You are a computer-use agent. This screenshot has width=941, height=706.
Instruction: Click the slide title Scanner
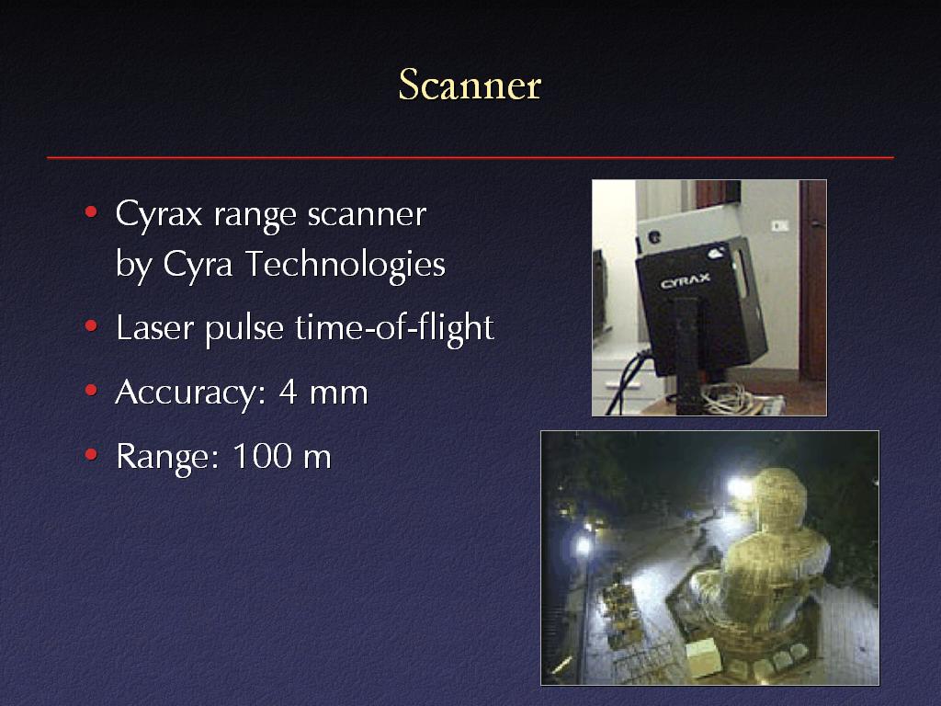click(470, 85)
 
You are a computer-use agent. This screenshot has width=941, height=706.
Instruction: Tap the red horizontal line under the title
click(470, 157)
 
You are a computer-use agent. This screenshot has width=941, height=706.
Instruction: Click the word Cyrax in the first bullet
click(158, 215)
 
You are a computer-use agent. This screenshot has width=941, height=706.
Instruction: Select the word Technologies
click(346, 264)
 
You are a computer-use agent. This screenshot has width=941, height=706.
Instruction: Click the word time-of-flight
click(394, 328)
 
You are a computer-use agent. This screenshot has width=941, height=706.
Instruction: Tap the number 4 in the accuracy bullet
click(288, 392)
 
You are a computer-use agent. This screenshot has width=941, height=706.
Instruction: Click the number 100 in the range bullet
click(262, 456)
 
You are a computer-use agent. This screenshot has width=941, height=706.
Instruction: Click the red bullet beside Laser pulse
click(91, 326)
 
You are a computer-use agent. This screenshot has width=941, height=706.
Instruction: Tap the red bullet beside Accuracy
click(91, 390)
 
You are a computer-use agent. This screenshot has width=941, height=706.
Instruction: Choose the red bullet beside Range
click(91, 454)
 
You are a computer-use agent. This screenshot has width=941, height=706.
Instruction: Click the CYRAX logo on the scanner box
click(685, 280)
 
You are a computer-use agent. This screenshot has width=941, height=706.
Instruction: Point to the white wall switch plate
click(779, 226)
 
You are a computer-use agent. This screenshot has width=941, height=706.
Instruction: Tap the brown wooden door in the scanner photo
click(812, 279)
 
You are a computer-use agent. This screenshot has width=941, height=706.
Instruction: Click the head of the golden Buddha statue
click(777, 499)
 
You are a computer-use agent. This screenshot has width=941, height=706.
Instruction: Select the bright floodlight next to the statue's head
click(740, 487)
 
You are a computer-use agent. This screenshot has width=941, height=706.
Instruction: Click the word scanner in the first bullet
click(367, 215)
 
